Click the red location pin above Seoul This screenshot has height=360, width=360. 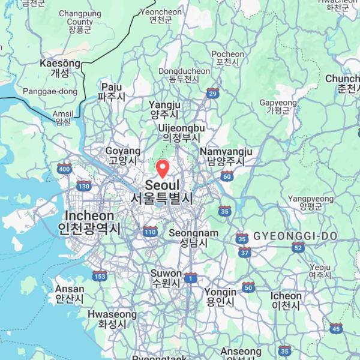tap(163, 167)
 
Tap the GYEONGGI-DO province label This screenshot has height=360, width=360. tap(295, 236)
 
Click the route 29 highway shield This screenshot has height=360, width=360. tap(212, 93)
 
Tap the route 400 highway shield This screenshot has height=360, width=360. tap(64, 169)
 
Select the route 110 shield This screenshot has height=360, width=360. tap(150, 231)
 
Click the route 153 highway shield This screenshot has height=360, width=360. tap(100, 275)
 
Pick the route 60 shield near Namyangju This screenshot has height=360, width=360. tap(226, 176)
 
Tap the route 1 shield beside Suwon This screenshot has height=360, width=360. tap(191, 277)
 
